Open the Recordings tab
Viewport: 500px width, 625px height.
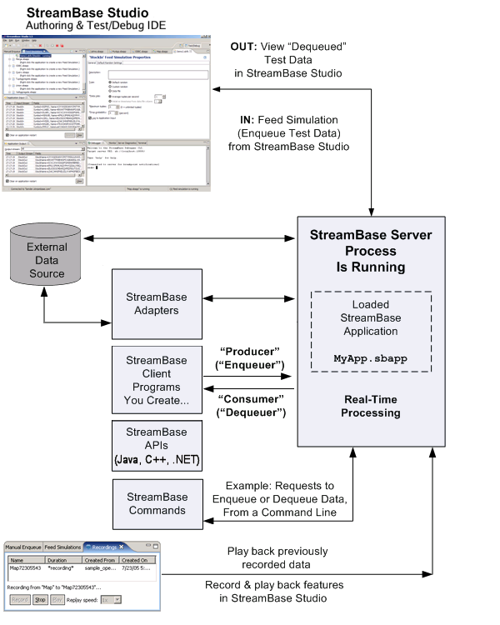pos(105,547)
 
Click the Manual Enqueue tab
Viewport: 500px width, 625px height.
pos(23,547)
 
